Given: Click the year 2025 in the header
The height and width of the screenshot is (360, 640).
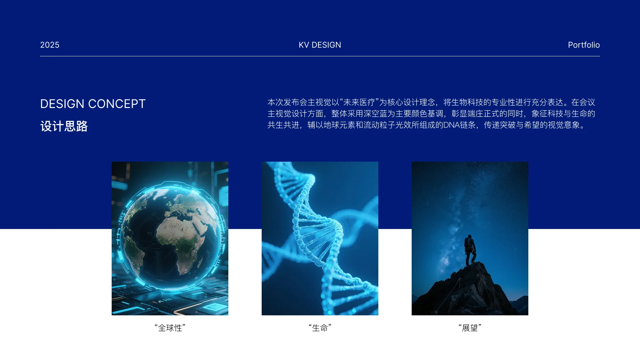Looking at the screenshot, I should click(50, 45).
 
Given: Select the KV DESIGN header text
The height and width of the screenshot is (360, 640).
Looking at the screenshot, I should click(320, 45).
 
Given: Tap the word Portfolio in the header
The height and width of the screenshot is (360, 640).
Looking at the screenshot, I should click(584, 45).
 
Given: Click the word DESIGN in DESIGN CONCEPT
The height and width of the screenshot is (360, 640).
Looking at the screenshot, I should click(62, 104).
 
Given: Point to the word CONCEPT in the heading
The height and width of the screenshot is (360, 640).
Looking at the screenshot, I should click(117, 104).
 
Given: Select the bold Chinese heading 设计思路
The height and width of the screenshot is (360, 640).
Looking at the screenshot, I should click(64, 126).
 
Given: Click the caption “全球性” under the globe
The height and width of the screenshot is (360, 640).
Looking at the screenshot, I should click(170, 328).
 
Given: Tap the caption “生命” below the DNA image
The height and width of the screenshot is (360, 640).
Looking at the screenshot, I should click(320, 328).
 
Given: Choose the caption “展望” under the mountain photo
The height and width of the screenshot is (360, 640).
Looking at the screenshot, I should click(470, 328).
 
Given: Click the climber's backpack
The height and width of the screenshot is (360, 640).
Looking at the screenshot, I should click(467, 242).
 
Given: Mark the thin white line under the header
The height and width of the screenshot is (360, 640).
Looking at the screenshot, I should click(320, 56).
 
